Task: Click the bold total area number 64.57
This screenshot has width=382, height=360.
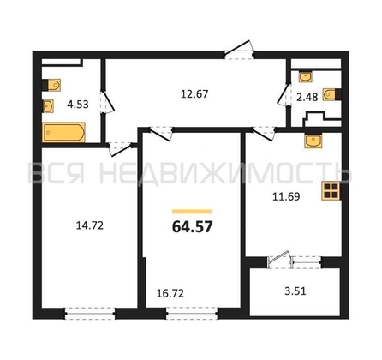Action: click(193, 227)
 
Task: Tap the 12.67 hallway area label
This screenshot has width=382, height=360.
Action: click(194, 94)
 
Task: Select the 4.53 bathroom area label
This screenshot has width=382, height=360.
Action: click(78, 105)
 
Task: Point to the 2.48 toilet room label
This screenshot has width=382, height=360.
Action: click(307, 97)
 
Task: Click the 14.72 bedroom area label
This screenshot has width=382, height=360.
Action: click(90, 226)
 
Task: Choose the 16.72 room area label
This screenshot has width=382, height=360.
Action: click(170, 293)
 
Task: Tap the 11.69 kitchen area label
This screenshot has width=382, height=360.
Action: click(286, 196)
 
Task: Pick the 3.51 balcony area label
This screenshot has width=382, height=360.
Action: click(295, 291)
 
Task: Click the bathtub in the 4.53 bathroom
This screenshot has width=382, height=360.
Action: click(64, 132)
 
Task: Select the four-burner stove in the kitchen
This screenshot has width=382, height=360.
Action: click(331, 191)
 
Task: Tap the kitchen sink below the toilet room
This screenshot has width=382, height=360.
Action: click(313, 141)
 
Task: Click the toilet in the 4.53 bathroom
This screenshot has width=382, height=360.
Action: click(51, 85)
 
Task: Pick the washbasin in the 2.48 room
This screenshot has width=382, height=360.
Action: click(305, 76)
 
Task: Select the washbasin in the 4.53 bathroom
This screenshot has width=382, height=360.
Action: click(48, 106)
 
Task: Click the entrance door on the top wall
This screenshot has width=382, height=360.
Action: click(239, 50)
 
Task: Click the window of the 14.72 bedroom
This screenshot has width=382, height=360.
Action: click(90, 314)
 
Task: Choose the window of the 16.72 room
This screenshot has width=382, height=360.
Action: click(192, 314)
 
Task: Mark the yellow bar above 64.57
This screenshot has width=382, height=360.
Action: click(192, 212)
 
